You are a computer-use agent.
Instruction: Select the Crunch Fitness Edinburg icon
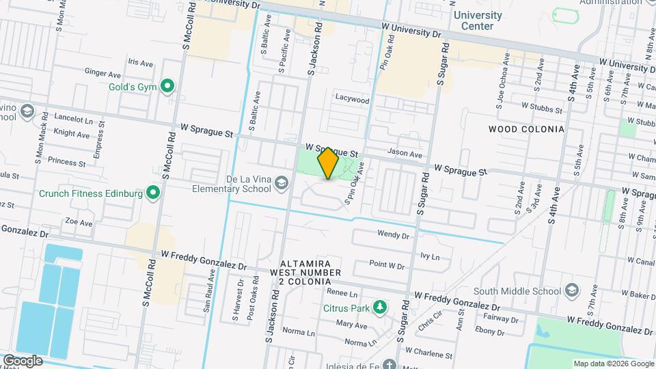pyautogui.click(x=154, y=193)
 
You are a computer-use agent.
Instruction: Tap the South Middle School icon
pyautogui.click(x=571, y=292)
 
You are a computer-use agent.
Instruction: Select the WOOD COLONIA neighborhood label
pyautogui.click(x=526, y=129)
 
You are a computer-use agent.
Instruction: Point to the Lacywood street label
pyautogui.click(x=352, y=100)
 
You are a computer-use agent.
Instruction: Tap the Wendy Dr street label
pyautogui.click(x=393, y=235)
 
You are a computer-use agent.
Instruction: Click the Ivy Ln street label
pyautogui.click(x=430, y=257)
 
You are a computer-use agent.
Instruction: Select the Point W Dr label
pyautogui.click(x=387, y=264)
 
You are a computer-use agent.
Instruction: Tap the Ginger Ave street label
pyautogui.click(x=102, y=72)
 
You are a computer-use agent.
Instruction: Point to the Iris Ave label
pyautogui.click(x=140, y=62)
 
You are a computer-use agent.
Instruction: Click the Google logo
pyautogui.click(x=23, y=361)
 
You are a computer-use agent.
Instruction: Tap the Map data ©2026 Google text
pyautogui.click(x=613, y=364)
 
